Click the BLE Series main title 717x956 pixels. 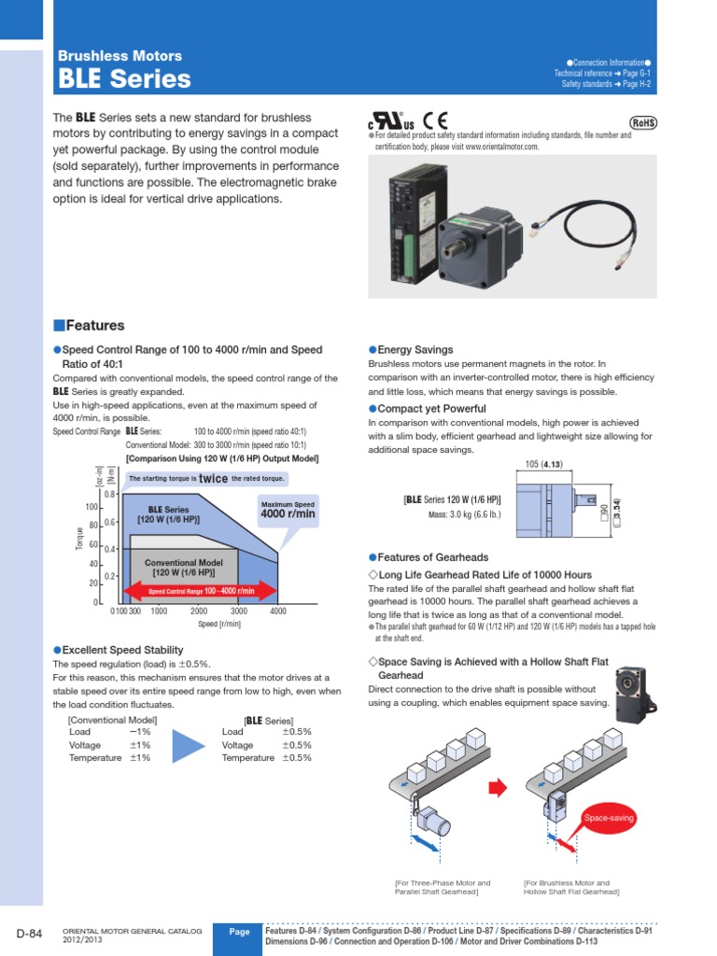pyautogui.click(x=124, y=79)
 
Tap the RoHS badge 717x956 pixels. pyautogui.click(x=642, y=122)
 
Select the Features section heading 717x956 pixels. pyautogui.click(x=89, y=326)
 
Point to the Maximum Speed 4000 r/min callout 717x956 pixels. pyautogui.click(x=288, y=510)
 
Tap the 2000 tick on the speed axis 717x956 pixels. pyautogui.click(x=199, y=612)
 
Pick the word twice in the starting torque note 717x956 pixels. pyautogui.click(x=213, y=479)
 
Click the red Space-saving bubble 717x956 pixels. pyautogui.click(x=608, y=818)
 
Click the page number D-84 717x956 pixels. pyautogui.click(x=30, y=935)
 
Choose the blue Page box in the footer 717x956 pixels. pyautogui.click(x=239, y=933)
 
